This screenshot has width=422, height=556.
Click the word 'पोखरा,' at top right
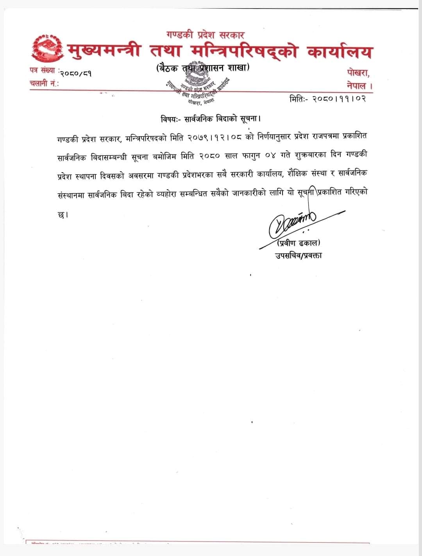tap(358, 73)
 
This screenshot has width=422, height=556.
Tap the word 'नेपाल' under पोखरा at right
tap(357, 86)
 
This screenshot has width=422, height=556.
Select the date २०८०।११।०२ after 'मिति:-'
tap(340, 99)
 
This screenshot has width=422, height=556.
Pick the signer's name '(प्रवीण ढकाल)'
tap(298, 244)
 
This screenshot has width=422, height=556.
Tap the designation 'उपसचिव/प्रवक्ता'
tap(298, 256)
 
